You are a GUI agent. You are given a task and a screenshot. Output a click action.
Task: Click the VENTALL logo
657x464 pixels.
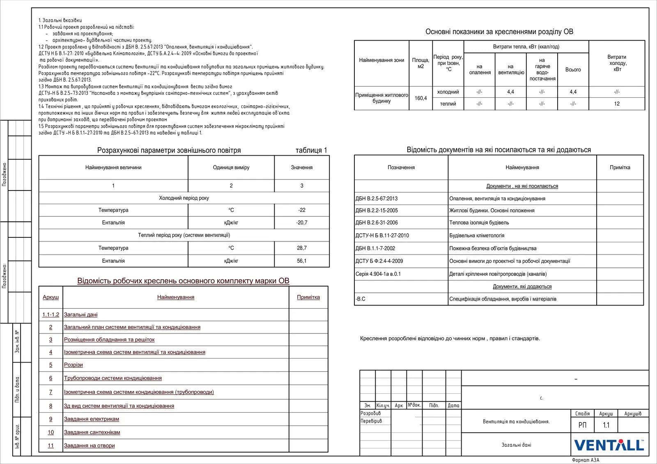coord(609,445)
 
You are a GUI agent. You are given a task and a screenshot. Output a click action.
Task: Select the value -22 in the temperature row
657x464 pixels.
coord(302,210)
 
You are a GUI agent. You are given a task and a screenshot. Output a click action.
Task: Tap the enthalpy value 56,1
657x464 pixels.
coord(302,261)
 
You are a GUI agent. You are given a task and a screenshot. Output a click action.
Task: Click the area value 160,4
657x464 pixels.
coord(420,98)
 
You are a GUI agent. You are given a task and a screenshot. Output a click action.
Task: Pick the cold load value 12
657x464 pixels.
coord(617,104)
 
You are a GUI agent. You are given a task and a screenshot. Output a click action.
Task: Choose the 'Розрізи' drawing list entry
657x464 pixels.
coord(74,365)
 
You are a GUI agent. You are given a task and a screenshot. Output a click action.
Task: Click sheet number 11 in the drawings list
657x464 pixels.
coord(51,446)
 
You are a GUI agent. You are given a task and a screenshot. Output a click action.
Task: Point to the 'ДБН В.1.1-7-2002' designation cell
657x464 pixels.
coord(375,248)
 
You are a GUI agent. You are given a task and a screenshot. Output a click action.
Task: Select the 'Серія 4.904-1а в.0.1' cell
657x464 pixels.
coord(378,274)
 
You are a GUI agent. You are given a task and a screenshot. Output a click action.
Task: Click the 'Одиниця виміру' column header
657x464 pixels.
coord(231,168)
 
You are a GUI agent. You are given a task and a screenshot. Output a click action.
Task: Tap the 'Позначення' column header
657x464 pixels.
coord(401,168)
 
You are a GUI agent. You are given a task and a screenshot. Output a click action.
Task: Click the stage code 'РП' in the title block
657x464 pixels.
coord(582,425)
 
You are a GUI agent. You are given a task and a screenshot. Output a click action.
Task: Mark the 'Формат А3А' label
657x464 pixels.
coord(586,460)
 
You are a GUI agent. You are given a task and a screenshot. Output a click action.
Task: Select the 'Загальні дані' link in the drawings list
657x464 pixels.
coord(81,315)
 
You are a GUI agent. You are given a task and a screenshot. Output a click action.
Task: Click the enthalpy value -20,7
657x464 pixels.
coord(302,223)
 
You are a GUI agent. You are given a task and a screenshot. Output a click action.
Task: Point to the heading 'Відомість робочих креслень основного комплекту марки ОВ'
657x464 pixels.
coord(183,281)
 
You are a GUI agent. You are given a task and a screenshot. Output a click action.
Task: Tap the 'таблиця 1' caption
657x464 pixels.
coord(311,150)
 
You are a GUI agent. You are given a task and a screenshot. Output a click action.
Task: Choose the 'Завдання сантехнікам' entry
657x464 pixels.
coord(92,432)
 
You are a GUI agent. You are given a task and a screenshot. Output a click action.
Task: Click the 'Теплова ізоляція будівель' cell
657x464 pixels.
coord(479,223)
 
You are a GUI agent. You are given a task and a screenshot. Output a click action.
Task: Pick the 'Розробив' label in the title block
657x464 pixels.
coord(371,413)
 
